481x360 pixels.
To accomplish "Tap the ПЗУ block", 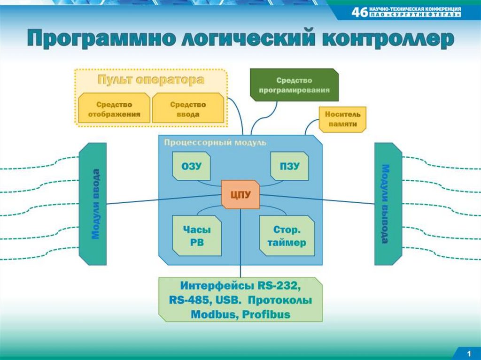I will click(290, 166).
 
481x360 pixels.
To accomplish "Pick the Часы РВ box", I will click(197, 236).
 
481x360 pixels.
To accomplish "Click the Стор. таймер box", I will click(287, 236).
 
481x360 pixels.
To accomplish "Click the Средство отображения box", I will click(114, 109).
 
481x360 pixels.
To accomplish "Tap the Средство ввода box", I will click(188, 109).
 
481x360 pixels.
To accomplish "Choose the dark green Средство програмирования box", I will click(294, 85).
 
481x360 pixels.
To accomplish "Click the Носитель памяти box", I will click(343, 119).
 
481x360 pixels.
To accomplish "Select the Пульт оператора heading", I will click(151, 80).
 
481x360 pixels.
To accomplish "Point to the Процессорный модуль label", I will click(215, 142).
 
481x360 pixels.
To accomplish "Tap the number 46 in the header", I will click(359, 12).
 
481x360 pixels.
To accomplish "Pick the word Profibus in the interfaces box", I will click(267, 314).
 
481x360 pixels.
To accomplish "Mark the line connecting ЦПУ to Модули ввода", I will click(164, 199).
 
